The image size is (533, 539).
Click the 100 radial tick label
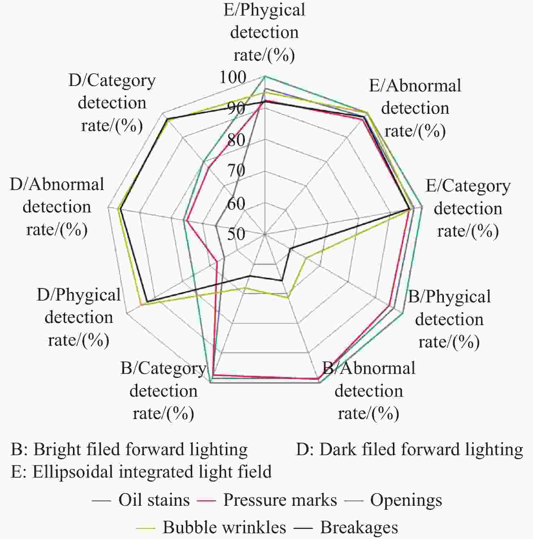pyautogui.click(x=233, y=77)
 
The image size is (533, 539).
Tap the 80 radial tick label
pyautogui.click(x=237, y=140)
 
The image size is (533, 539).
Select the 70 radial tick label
pyautogui.click(x=237, y=170)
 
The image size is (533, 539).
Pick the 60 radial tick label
pyautogui.click(x=237, y=204)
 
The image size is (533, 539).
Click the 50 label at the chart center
pyautogui.click(x=237, y=234)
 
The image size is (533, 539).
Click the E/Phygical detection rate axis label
pyautogui.click(x=264, y=32)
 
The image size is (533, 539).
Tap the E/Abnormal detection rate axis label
pyautogui.click(x=415, y=108)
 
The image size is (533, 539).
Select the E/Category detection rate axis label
pyautogui.click(x=468, y=208)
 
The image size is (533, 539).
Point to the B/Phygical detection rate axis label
pyautogui.click(x=449, y=319)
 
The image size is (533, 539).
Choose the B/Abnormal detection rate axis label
pyautogui.click(x=369, y=391)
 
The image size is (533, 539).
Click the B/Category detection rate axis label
pyautogui.click(x=164, y=391)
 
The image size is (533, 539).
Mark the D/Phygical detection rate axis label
pyautogui.click(x=79, y=317)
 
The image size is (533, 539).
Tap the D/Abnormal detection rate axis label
pyautogui.click(x=57, y=207)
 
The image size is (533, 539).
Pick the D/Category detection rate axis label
pyautogui.click(x=112, y=103)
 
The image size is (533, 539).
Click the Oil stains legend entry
pyautogui.click(x=141, y=500)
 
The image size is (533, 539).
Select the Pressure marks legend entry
pyautogui.click(x=267, y=500)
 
